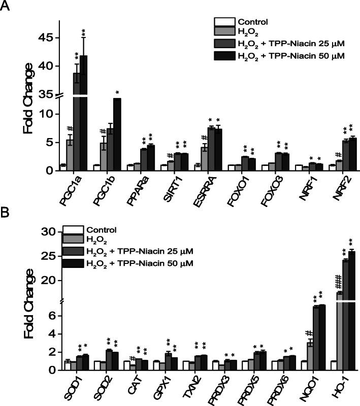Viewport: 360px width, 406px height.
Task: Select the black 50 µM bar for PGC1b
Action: click(117, 134)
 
